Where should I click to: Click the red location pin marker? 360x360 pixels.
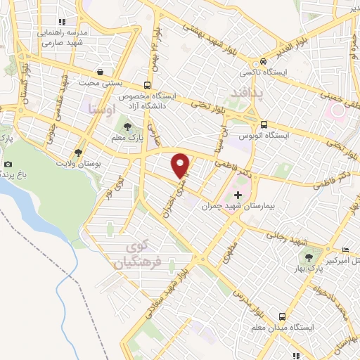[x=181, y=165]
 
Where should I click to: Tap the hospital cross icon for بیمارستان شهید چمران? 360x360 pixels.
[x=238, y=195]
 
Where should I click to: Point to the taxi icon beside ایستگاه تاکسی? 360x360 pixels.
[x=263, y=61]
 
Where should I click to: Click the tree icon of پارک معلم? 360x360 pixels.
[x=127, y=127]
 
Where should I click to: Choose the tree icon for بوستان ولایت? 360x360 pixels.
[x=77, y=151]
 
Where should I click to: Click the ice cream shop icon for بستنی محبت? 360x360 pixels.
[x=101, y=72]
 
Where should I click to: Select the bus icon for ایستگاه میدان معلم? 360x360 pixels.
[x=281, y=316]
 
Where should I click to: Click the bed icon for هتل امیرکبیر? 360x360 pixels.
[x=344, y=250]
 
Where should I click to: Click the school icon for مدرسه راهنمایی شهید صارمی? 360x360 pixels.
[x=62, y=22]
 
